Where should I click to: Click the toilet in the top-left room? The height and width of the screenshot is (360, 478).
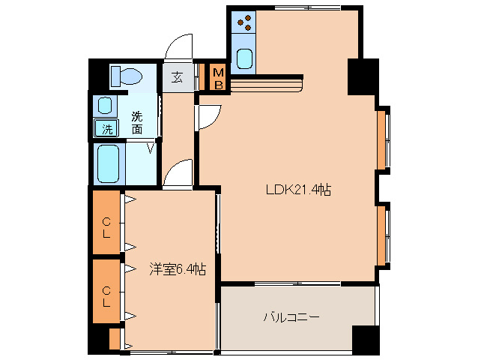pos(126,76)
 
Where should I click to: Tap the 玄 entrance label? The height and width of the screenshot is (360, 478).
pos(178,76)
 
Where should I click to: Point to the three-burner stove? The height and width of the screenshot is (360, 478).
pos(243,25)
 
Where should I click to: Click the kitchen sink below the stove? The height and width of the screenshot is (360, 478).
pos(243,58)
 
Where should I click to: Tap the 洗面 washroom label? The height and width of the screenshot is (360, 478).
pos(137,122)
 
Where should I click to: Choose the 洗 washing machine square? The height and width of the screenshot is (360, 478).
pos(107,129)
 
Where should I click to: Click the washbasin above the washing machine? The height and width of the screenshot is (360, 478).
pos(106,105)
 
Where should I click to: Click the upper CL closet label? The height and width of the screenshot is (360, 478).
pos(106,227)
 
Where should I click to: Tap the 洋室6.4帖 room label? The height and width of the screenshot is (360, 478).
pos(177,269)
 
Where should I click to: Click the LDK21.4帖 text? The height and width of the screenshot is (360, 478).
pos(298,190)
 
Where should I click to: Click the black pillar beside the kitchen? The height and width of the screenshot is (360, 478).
pos(361,75)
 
